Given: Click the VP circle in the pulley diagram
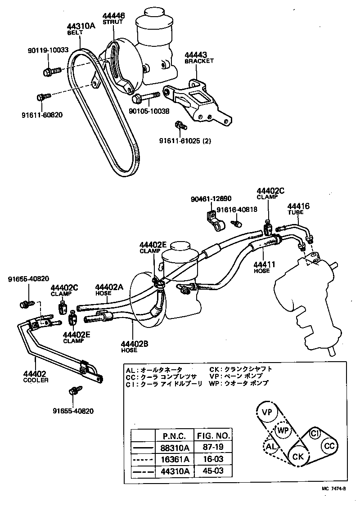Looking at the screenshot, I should click(x=267, y=412).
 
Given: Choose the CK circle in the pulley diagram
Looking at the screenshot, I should click(x=298, y=457).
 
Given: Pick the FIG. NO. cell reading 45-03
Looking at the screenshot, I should click(x=213, y=471).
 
